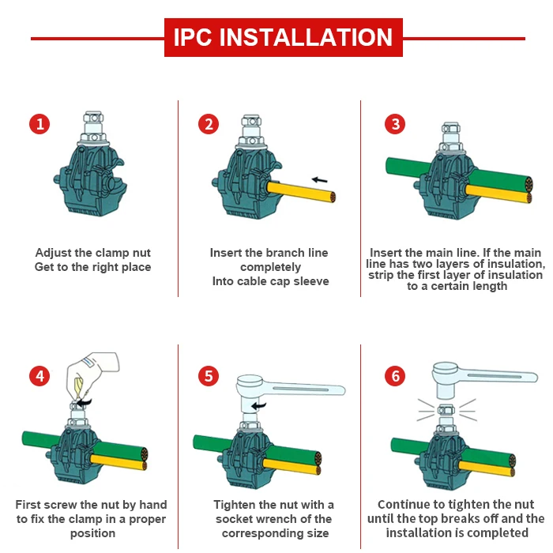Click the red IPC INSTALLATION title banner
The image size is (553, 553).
tap(283, 37)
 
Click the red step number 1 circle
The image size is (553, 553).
tap(39, 124)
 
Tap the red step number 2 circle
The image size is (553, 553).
tap(209, 124)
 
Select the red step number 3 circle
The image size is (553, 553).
tap(395, 124)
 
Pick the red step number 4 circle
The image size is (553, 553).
tap(39, 376)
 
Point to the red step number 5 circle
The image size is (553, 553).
tap(209, 376)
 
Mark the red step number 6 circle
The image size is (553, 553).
tap(395, 376)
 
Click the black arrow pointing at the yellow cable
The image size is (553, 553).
tap(319, 180)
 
